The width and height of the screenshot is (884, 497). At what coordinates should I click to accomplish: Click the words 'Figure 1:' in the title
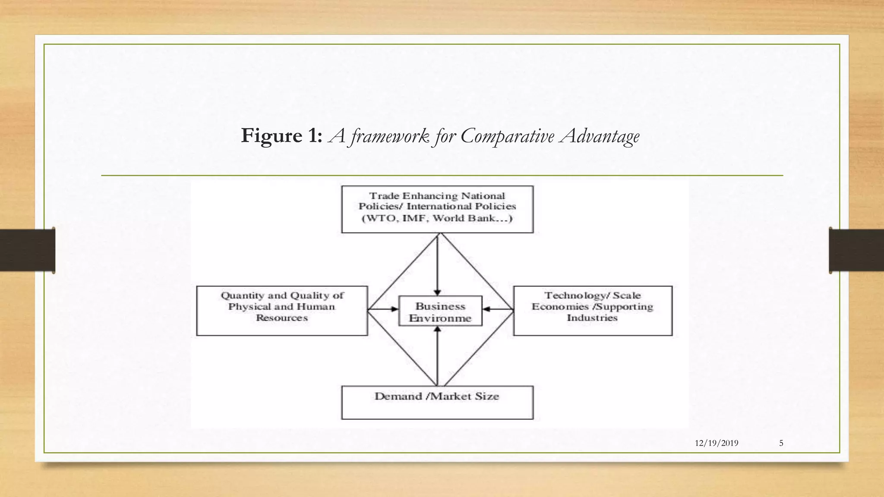[281, 136]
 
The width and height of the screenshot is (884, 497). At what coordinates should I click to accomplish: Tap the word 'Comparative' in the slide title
[507, 137]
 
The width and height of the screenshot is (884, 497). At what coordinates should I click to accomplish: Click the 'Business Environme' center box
[440, 311]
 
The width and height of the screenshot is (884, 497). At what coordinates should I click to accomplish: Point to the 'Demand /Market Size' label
[436, 396]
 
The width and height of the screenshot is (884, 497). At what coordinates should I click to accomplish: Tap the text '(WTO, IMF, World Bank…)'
[437, 218]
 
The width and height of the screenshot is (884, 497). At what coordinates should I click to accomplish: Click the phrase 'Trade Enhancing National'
[437, 196]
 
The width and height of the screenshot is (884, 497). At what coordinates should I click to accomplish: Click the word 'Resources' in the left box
[281, 318]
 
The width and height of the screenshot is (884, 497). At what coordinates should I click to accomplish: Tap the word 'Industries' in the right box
[592, 318]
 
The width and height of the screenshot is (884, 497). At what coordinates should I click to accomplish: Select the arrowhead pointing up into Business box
[438, 330]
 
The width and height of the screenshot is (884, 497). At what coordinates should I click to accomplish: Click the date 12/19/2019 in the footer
[717, 443]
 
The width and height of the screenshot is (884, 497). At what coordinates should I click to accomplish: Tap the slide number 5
[781, 443]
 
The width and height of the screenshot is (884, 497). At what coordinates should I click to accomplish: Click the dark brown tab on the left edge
[28, 250]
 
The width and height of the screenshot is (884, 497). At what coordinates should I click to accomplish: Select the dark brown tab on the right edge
[856, 250]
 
